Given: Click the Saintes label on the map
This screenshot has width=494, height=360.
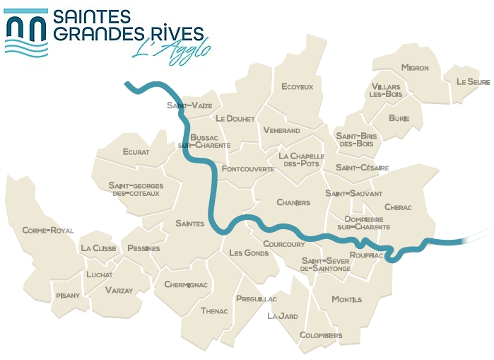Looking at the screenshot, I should pyautogui.click(x=189, y=223).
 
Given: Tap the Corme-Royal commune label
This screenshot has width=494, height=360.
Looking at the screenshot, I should pyautogui.click(x=48, y=230).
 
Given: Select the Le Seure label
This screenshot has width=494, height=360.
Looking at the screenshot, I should pyautogui.click(x=473, y=82).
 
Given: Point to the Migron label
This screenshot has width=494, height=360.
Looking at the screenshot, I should pyautogui.click(x=415, y=68).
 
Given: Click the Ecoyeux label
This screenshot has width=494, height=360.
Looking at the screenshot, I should pyautogui.click(x=297, y=86).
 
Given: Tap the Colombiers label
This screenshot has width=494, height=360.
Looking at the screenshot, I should pyautogui.click(x=321, y=335).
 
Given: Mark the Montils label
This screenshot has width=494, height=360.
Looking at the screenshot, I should pyautogui.click(x=346, y=299).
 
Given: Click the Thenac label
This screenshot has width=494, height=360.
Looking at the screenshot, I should pyautogui.click(x=214, y=310).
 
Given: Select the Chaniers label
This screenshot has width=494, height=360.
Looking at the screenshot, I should pyautogui.click(x=293, y=202).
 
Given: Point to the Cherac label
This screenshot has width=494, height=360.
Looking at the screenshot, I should pyautogui.click(x=398, y=207).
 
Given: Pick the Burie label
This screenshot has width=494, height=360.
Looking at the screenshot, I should pyautogui.click(x=399, y=118).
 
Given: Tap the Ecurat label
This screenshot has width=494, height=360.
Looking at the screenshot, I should pyautogui.click(x=136, y=151).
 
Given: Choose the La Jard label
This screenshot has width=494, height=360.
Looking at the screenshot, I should pyautogui.click(x=282, y=316).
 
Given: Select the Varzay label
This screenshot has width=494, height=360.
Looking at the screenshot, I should pyautogui.click(x=119, y=290).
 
